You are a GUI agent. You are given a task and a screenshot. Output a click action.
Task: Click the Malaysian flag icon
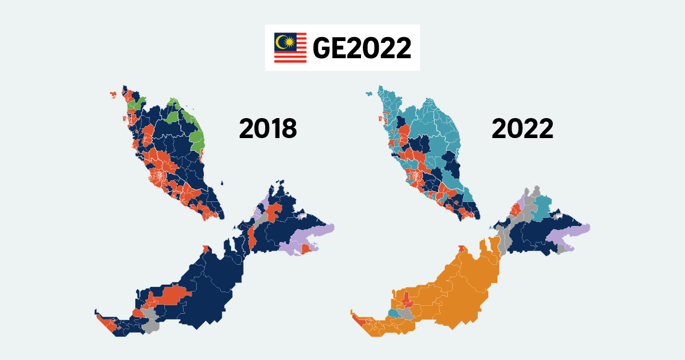[290, 47]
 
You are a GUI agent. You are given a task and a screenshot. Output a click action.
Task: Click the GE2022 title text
[362, 48]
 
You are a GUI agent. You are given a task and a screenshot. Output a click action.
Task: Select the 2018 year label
[267, 129]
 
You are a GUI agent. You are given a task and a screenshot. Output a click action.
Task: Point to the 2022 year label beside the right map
[522, 129]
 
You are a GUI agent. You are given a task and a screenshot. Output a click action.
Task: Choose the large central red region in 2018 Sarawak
[173, 295]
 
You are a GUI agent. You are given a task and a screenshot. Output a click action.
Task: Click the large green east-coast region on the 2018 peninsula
[197, 140]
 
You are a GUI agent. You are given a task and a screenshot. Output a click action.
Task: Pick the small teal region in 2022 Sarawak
[393, 313]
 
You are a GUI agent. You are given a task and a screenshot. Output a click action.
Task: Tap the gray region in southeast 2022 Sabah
[563, 249]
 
